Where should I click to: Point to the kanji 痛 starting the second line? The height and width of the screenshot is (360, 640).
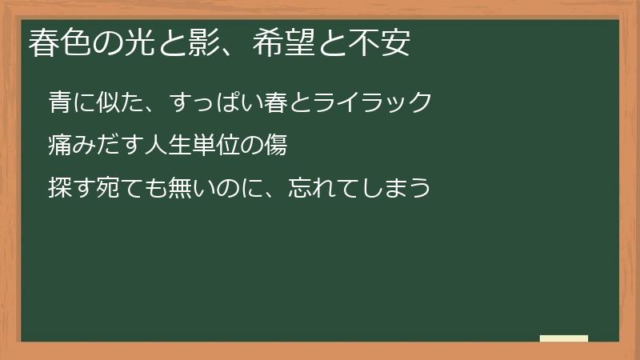point(58,146)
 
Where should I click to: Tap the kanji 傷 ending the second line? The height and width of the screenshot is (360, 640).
point(276,146)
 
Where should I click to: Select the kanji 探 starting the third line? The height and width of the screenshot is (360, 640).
point(58,189)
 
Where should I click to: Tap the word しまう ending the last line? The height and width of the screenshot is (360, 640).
point(401,189)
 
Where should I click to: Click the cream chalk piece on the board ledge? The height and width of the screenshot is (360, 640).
point(564,338)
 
